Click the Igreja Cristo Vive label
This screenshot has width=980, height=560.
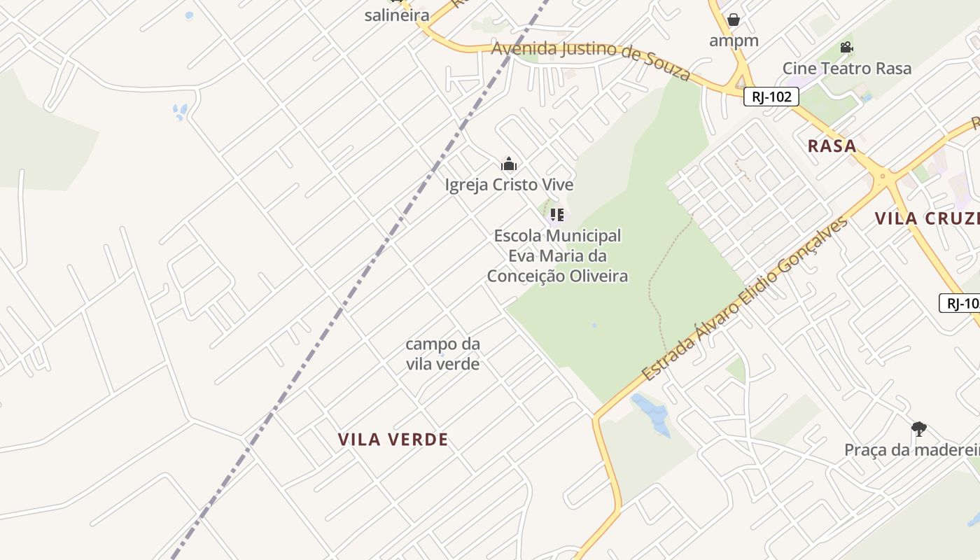point(509,185)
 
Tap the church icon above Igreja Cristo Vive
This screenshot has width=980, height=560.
point(509,164)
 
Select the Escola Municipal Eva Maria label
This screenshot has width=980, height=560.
point(557,255)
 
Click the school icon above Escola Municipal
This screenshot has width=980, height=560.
point(556,214)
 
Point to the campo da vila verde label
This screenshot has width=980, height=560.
point(442,353)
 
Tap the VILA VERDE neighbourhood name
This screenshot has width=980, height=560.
point(393,440)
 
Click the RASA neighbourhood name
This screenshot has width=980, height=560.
point(832,146)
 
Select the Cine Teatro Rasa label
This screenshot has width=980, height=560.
point(846,68)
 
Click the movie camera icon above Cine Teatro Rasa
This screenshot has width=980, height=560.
point(846,48)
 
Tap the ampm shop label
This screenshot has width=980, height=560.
point(734,41)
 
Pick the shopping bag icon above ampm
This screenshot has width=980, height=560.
point(733,20)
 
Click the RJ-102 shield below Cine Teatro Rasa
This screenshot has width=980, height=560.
point(771,97)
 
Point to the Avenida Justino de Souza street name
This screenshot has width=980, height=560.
point(591,59)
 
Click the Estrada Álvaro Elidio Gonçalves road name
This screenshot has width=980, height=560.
point(745,299)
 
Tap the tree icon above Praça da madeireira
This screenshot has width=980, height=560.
point(918,429)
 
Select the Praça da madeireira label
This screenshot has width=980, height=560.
point(911,449)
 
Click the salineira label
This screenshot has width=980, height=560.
point(396,15)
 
